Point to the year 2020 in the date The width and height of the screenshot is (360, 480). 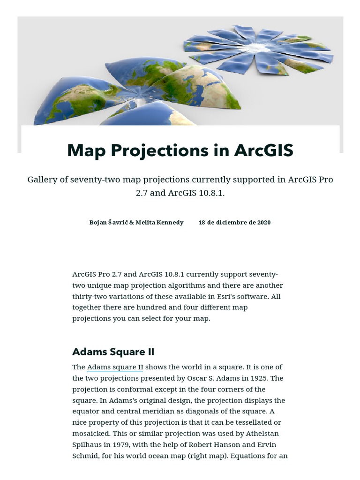click(263, 222)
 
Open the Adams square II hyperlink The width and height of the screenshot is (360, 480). click(115, 367)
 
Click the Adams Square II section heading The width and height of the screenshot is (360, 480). click(113, 352)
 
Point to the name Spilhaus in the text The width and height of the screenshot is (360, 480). click(90, 445)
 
